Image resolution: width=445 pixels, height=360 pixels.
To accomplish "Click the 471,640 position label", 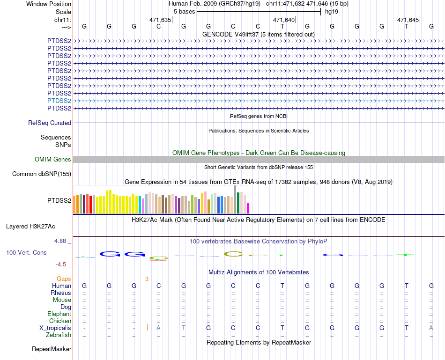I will [x=284, y=20].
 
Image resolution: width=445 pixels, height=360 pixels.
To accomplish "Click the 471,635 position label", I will [x=160, y=20].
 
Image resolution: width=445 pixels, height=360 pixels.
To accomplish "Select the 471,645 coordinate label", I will [x=408, y=20].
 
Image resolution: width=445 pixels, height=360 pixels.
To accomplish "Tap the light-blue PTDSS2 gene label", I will [x=59, y=101].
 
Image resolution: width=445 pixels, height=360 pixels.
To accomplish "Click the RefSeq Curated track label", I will [x=50, y=123].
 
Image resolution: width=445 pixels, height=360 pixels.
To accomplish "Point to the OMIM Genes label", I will [x=53, y=160].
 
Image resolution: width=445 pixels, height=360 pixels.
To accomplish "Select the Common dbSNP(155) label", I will [x=42, y=174].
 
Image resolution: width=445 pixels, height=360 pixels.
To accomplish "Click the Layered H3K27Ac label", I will [x=30, y=227].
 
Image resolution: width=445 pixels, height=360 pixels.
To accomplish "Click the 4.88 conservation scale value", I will [x=61, y=241].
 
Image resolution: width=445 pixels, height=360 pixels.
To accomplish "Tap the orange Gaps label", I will [x=64, y=279].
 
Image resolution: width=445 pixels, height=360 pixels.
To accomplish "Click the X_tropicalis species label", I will [x=55, y=328].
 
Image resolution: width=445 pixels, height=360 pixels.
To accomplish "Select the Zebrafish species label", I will [x=59, y=335].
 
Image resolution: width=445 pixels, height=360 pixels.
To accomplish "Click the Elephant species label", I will [x=59, y=314].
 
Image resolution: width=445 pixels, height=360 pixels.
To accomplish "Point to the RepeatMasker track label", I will [x=52, y=349].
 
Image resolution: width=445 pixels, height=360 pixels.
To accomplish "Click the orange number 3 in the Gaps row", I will [x=147, y=279].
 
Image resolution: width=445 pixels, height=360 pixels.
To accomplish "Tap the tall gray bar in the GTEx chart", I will [x=235, y=199].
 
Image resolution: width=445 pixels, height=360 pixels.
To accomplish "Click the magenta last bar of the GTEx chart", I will [x=248, y=208].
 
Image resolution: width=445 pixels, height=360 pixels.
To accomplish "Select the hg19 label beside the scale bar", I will [x=332, y=11].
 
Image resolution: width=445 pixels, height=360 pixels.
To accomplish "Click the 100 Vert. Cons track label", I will [x=26, y=252].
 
